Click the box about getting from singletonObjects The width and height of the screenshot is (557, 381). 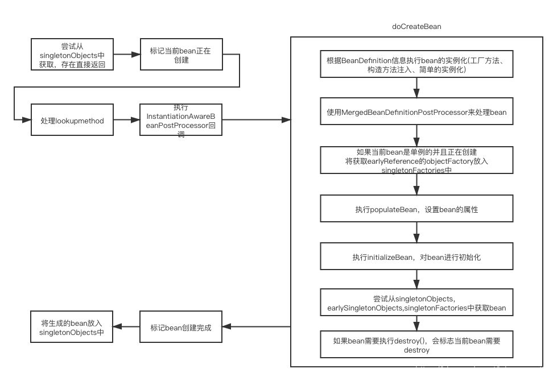[x=72, y=55]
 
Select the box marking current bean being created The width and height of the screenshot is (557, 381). [x=180, y=55]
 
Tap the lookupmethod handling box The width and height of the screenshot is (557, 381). [x=72, y=121]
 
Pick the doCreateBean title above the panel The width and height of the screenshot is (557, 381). [x=416, y=27]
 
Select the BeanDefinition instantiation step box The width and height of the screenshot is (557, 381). [x=416, y=65]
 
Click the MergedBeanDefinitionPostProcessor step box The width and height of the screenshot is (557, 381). [x=416, y=113]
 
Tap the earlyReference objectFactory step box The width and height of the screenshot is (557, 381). [x=416, y=161]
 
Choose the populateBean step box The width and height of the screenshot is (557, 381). [x=416, y=209]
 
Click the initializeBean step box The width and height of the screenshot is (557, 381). [x=416, y=257]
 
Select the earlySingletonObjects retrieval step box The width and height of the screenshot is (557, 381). [x=416, y=303]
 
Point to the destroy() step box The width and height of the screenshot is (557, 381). [x=416, y=345]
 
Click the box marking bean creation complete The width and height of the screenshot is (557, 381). [x=180, y=328]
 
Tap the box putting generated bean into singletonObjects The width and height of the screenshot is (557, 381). [x=72, y=328]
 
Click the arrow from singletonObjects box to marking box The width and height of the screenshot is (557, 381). [x=126, y=55]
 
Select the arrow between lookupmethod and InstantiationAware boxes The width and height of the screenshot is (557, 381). [x=126, y=121]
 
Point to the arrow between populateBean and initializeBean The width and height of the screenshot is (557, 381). [x=416, y=233]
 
